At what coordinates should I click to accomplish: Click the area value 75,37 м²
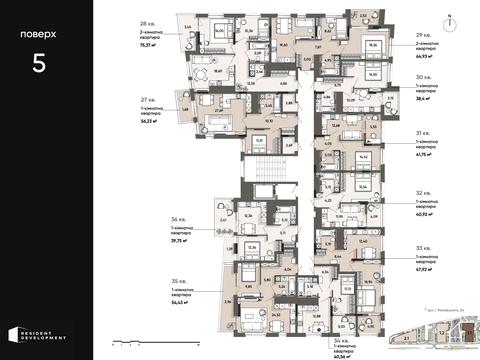(x=152, y=45)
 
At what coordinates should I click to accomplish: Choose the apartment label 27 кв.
(x=148, y=101)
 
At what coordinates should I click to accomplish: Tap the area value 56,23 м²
(x=152, y=124)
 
